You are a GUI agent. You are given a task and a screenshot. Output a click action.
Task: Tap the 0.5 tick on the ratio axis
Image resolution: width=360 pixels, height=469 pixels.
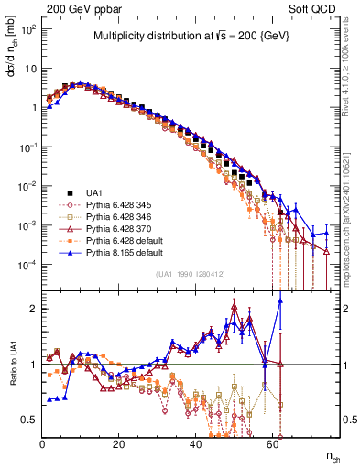29,420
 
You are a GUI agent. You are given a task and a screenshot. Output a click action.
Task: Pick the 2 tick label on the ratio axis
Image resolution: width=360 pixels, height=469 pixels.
33,309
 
